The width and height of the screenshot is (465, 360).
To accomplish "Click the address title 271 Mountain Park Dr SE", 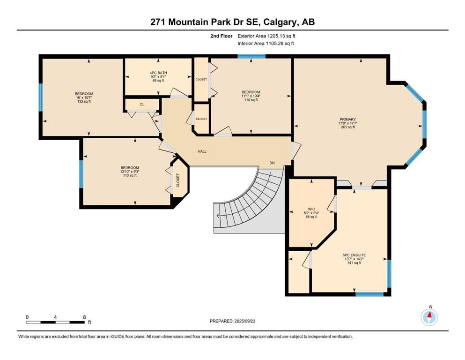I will click(x=232, y=22).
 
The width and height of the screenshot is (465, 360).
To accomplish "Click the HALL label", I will click(x=202, y=151).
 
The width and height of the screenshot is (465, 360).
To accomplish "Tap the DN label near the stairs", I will click(x=272, y=163).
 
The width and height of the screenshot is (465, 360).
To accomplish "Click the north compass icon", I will click(x=429, y=317).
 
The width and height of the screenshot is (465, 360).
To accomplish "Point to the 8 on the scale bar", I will click(x=84, y=317).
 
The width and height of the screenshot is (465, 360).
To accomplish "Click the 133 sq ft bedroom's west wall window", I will click(x=41, y=97).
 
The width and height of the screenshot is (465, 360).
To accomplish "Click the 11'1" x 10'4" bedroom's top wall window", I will click(x=251, y=57).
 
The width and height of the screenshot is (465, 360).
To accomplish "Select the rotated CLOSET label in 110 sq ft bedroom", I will click(x=178, y=180).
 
